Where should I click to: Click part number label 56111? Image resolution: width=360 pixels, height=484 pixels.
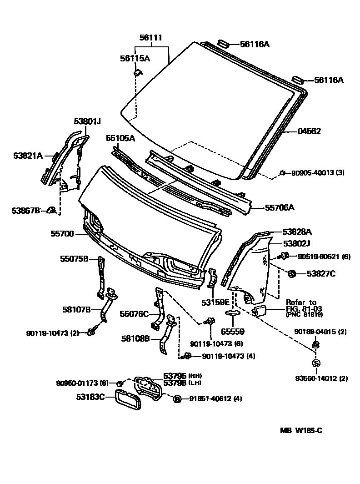click(x=151, y=38)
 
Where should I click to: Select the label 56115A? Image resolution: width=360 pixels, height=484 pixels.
click(x=135, y=58)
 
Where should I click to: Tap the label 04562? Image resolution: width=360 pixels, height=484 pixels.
click(x=309, y=131)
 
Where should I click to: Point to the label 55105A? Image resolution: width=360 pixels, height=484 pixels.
click(x=120, y=138)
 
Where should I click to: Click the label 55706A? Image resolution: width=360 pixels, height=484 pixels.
click(x=280, y=208)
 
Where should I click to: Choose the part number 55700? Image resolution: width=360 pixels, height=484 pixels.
click(x=62, y=234)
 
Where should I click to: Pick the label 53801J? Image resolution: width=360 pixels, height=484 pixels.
click(x=87, y=121)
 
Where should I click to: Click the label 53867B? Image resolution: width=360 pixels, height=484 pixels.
click(x=26, y=210)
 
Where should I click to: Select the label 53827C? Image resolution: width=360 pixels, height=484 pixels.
click(x=320, y=273)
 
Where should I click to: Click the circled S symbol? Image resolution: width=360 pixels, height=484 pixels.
click(x=316, y=363)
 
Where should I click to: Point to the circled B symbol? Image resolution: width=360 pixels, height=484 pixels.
click(x=177, y=398)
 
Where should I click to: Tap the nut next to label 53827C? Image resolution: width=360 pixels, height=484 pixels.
click(x=293, y=273)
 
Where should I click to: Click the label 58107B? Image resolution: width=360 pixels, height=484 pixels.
click(x=76, y=310)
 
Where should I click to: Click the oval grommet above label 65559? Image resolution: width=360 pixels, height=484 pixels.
click(x=233, y=313)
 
